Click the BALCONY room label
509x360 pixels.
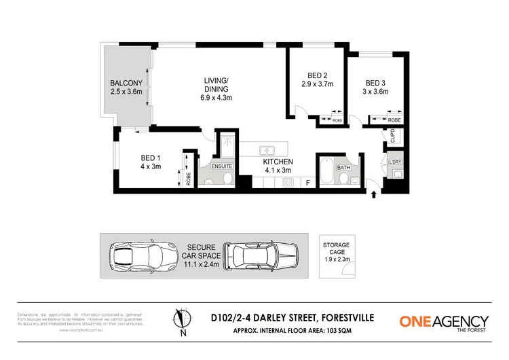pos(126,84)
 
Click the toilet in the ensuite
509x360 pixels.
pos(227,178)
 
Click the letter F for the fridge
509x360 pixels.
pos(307,183)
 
